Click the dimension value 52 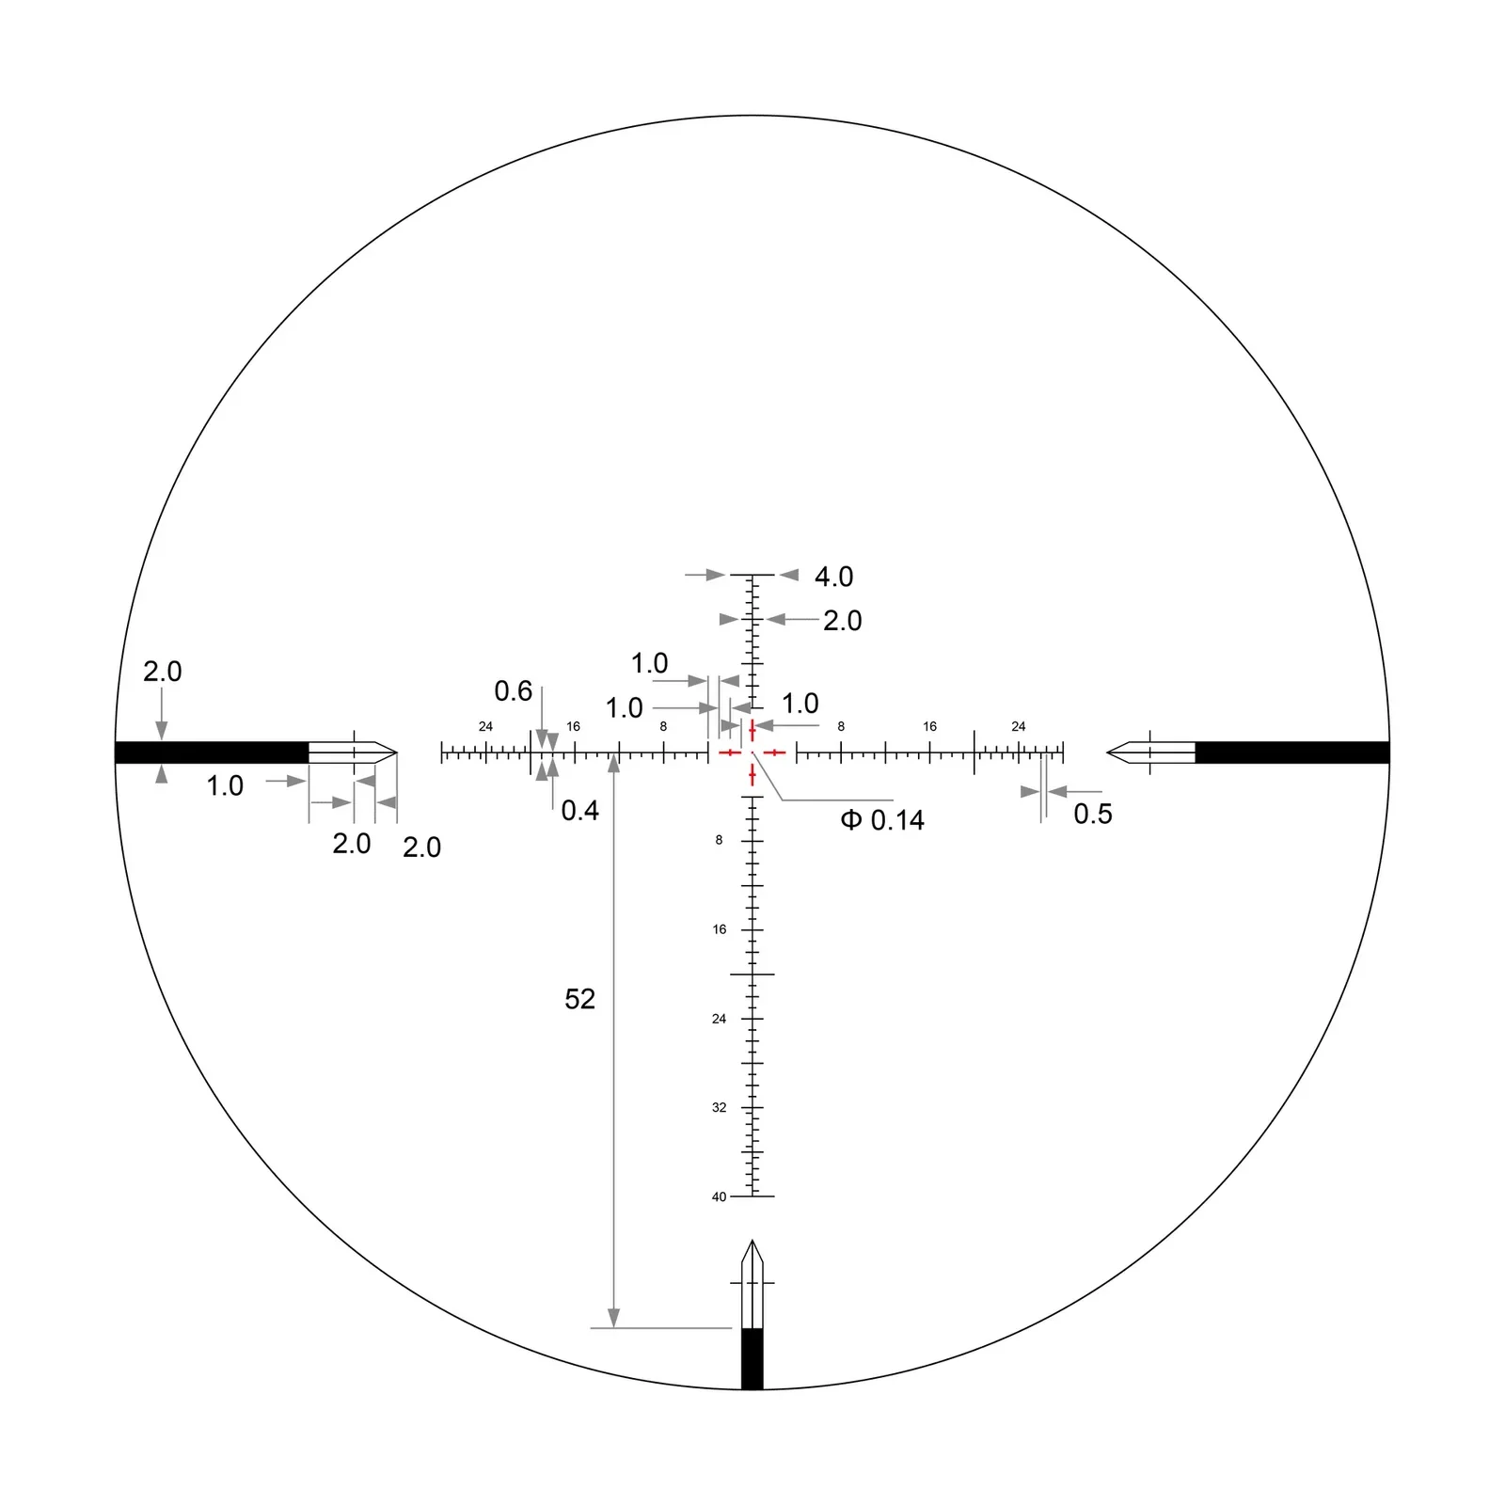pos(579,999)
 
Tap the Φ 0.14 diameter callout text pos(882,820)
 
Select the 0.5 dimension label pos(1093,814)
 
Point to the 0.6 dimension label pos(514,691)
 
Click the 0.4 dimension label pos(579,810)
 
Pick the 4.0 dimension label pos(833,577)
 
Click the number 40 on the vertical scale pos(720,1196)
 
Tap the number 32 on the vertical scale pos(720,1107)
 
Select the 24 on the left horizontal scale pos(485,726)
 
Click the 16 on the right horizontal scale pos(929,726)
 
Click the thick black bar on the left pos(212,752)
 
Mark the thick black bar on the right pos(1291,752)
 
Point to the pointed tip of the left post pos(395,752)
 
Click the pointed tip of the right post pos(1109,752)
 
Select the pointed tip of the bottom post pos(752,1243)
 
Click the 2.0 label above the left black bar pos(162,672)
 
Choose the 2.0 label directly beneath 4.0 pos(842,621)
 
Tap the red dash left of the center pos(730,752)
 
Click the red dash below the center pos(752,775)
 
